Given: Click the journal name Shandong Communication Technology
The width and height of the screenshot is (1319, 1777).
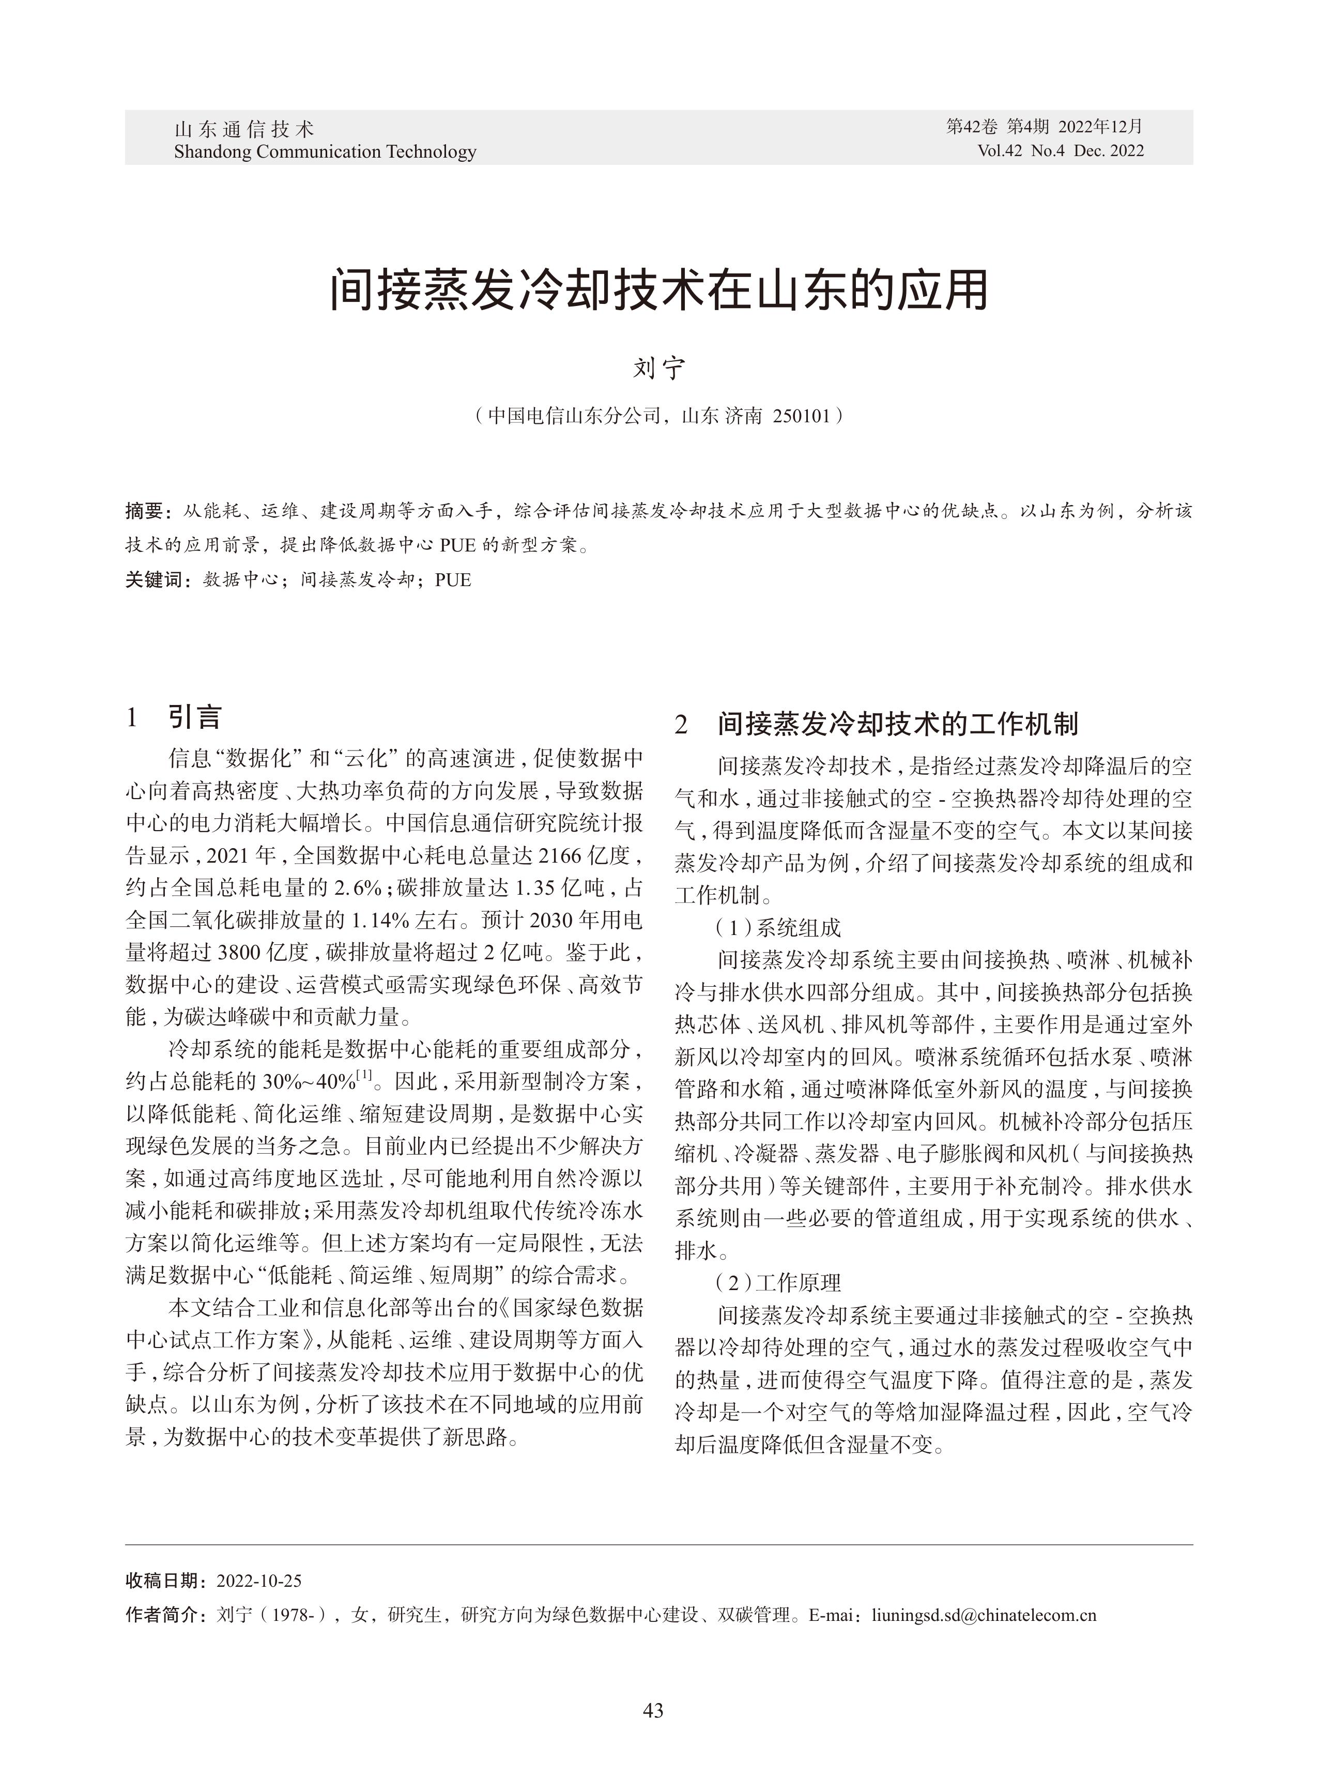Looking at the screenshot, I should [325, 151].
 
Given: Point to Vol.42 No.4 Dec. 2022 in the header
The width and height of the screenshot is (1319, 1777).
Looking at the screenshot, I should [1060, 151].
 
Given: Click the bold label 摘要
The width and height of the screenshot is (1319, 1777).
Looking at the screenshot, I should [145, 511].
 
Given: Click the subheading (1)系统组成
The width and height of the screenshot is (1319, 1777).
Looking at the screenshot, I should [778, 928].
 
